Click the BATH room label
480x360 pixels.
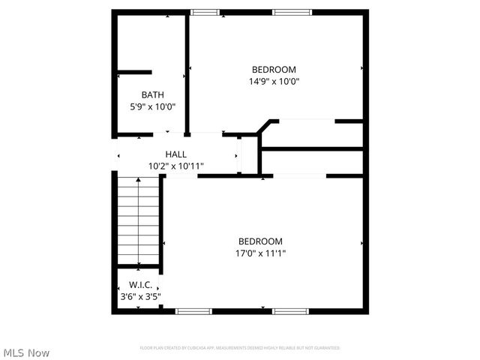tap(152, 94)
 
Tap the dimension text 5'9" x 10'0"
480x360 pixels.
tap(152, 106)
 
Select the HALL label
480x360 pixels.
tap(176, 154)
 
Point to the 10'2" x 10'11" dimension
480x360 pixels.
tap(176, 166)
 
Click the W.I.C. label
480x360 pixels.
tap(140, 285)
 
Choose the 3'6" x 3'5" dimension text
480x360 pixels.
tap(140, 297)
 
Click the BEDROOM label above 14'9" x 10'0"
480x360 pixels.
tap(274, 69)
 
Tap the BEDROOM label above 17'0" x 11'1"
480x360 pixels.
tap(260, 241)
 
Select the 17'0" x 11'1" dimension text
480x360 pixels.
tap(260, 253)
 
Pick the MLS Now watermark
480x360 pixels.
tap(27, 352)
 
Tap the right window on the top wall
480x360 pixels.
tap(291, 12)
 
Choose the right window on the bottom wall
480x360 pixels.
tap(291, 311)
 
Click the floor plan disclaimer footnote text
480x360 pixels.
tap(240, 348)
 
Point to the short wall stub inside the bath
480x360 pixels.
tap(135, 73)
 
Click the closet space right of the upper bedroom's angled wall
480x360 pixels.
tap(311, 133)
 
